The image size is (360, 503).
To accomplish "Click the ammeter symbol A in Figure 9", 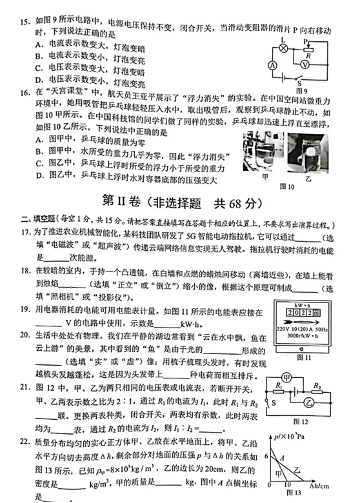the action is (x=273, y=66).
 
